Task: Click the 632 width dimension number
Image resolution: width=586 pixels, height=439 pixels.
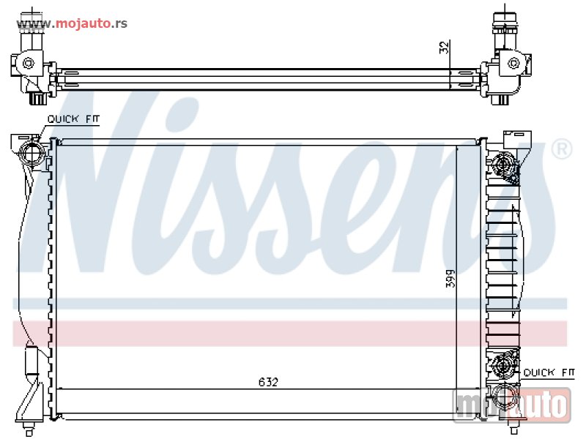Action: point(268,382)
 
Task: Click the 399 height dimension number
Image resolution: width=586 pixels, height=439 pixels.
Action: point(450,279)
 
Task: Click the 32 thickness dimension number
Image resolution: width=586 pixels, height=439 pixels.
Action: point(444,48)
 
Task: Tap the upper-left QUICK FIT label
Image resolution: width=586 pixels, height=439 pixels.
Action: point(74,119)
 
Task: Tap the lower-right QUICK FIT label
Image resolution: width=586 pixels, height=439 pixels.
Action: point(549,372)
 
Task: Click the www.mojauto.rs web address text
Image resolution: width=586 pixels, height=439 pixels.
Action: point(72,23)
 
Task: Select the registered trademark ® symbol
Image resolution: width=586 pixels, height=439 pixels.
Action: point(561,149)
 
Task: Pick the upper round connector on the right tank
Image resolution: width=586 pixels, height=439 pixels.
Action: point(503,165)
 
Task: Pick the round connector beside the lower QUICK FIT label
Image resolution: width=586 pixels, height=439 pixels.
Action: point(503,364)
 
